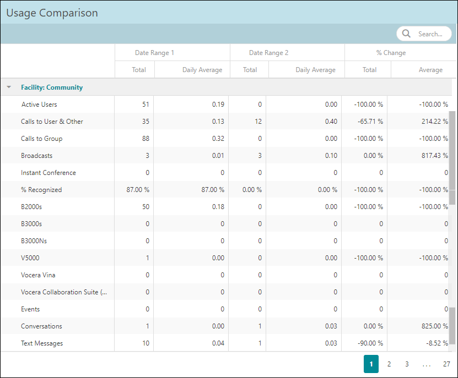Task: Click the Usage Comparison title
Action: (52, 13)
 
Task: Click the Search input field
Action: (430, 34)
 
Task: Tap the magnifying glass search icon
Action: (407, 34)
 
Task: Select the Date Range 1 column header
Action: (154, 53)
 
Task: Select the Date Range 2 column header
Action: (268, 53)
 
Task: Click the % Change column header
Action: (391, 53)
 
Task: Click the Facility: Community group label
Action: (52, 87)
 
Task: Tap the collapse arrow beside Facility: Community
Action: (9, 87)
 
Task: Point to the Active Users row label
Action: (39, 105)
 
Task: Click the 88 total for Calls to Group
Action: (145, 139)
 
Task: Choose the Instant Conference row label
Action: (49, 173)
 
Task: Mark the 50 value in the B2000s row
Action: (145, 207)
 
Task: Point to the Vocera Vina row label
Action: (38, 275)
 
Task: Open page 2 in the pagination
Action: (389, 364)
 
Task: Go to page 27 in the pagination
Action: (446, 364)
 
